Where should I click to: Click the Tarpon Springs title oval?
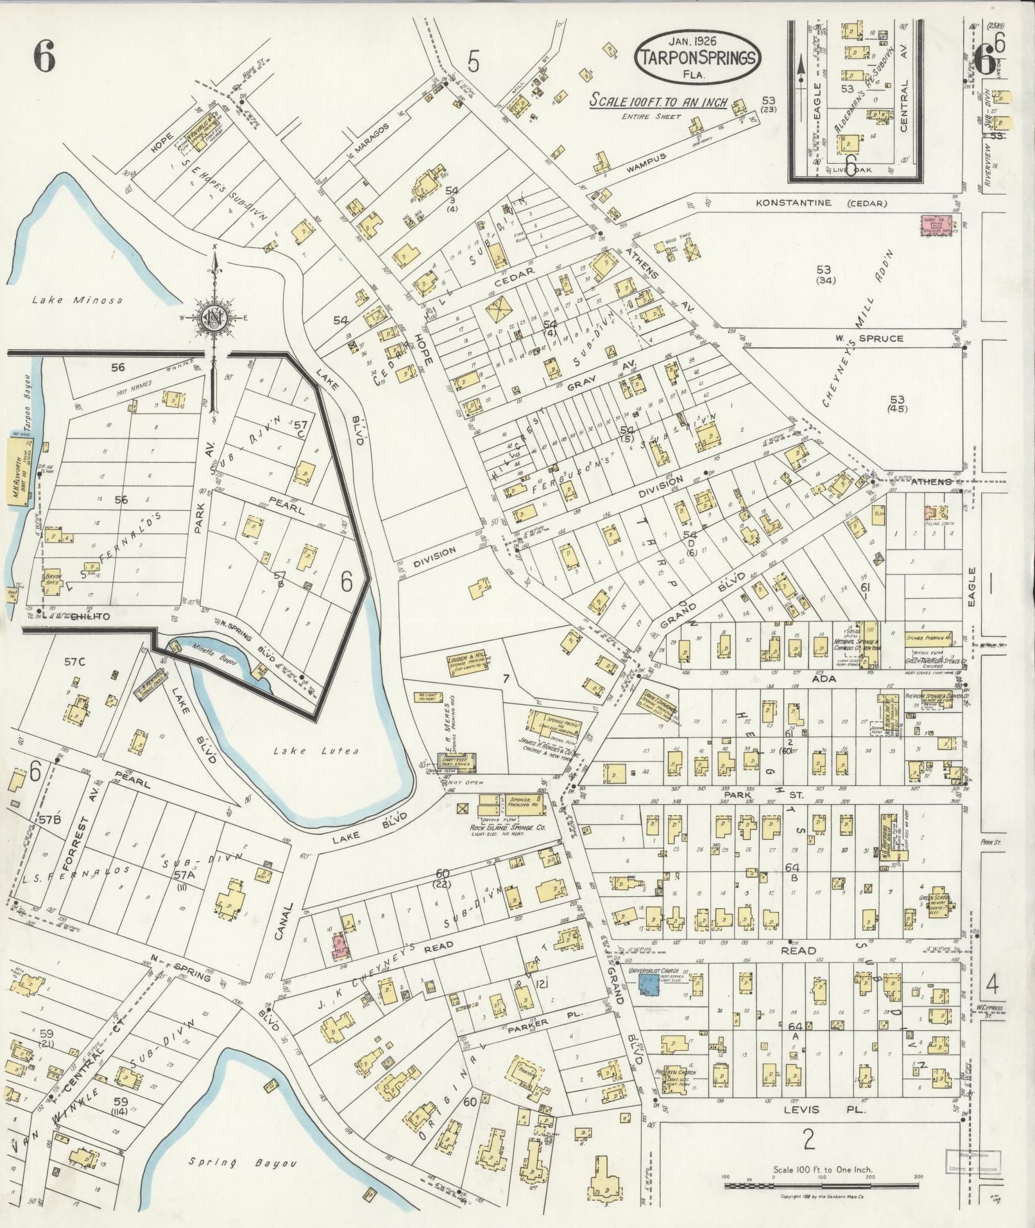697,57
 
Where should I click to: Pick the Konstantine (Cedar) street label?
821,203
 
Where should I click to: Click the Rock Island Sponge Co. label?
507,829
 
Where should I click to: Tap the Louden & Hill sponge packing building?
468,666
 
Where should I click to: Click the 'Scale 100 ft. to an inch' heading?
658,102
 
